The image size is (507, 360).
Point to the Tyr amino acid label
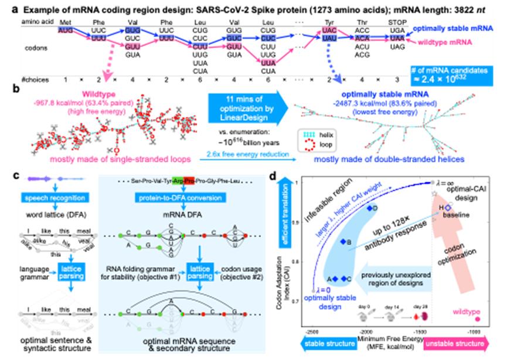(328, 20)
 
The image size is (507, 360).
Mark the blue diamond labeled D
(369, 209)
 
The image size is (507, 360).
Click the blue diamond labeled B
(343, 242)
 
